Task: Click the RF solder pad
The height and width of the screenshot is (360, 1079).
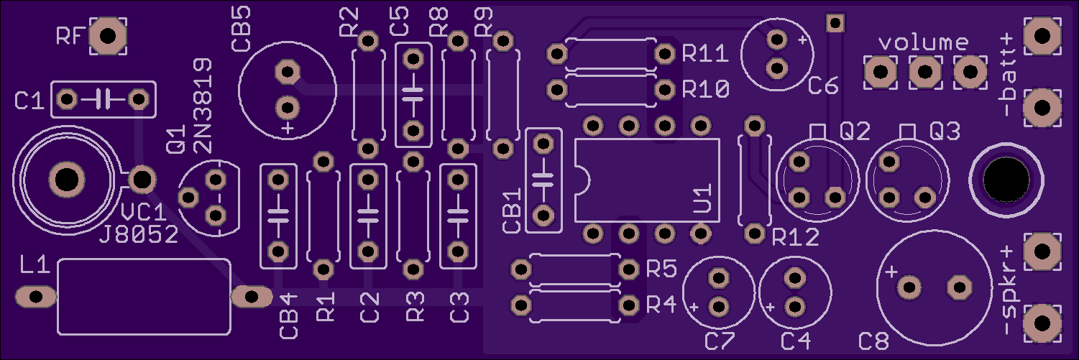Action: coord(108,36)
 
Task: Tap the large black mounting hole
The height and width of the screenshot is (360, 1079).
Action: coord(1006,180)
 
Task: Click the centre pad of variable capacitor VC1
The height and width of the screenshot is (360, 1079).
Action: coord(67,180)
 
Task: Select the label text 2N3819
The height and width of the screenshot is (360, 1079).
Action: coord(203,106)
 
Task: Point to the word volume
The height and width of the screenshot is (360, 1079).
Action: coord(924,43)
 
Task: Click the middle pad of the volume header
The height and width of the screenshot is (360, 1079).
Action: coord(925,72)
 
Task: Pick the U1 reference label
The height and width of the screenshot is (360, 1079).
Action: coord(703,198)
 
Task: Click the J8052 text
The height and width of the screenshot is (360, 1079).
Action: coord(139,235)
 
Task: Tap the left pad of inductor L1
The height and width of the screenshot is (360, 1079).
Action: coord(36,297)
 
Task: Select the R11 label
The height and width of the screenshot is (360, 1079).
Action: coord(705,53)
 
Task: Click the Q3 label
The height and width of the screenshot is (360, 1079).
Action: coord(945,131)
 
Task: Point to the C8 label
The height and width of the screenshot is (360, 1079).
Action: coord(874,342)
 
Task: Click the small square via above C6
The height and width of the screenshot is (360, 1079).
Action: coord(835,22)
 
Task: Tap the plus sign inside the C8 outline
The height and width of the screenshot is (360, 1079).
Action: coord(891,272)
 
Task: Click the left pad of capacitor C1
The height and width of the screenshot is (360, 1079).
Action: coord(66,100)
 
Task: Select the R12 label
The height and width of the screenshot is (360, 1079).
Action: coord(795,237)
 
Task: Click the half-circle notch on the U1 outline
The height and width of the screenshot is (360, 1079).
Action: coord(584,181)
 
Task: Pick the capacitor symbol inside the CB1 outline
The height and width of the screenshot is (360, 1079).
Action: coord(543,180)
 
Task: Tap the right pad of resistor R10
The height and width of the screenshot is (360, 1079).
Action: coord(665,90)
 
